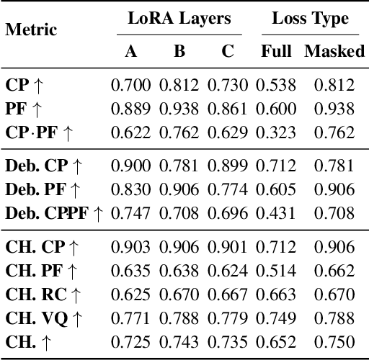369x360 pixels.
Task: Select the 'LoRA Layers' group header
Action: [180, 19]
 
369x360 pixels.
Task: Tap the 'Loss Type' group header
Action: [310, 19]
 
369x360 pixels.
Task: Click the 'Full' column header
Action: [277, 51]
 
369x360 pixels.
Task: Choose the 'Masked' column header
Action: [334, 51]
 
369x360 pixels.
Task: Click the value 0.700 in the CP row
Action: [131, 85]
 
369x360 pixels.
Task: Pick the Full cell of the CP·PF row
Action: [277, 132]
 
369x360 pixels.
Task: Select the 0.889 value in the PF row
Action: [131, 109]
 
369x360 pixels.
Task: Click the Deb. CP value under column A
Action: [131, 166]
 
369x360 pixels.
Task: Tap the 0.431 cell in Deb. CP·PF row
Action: [277, 213]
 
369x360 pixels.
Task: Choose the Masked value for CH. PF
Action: [334, 271]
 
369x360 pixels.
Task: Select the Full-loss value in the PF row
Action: [277, 109]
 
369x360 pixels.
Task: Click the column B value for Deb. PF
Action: [179, 189]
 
